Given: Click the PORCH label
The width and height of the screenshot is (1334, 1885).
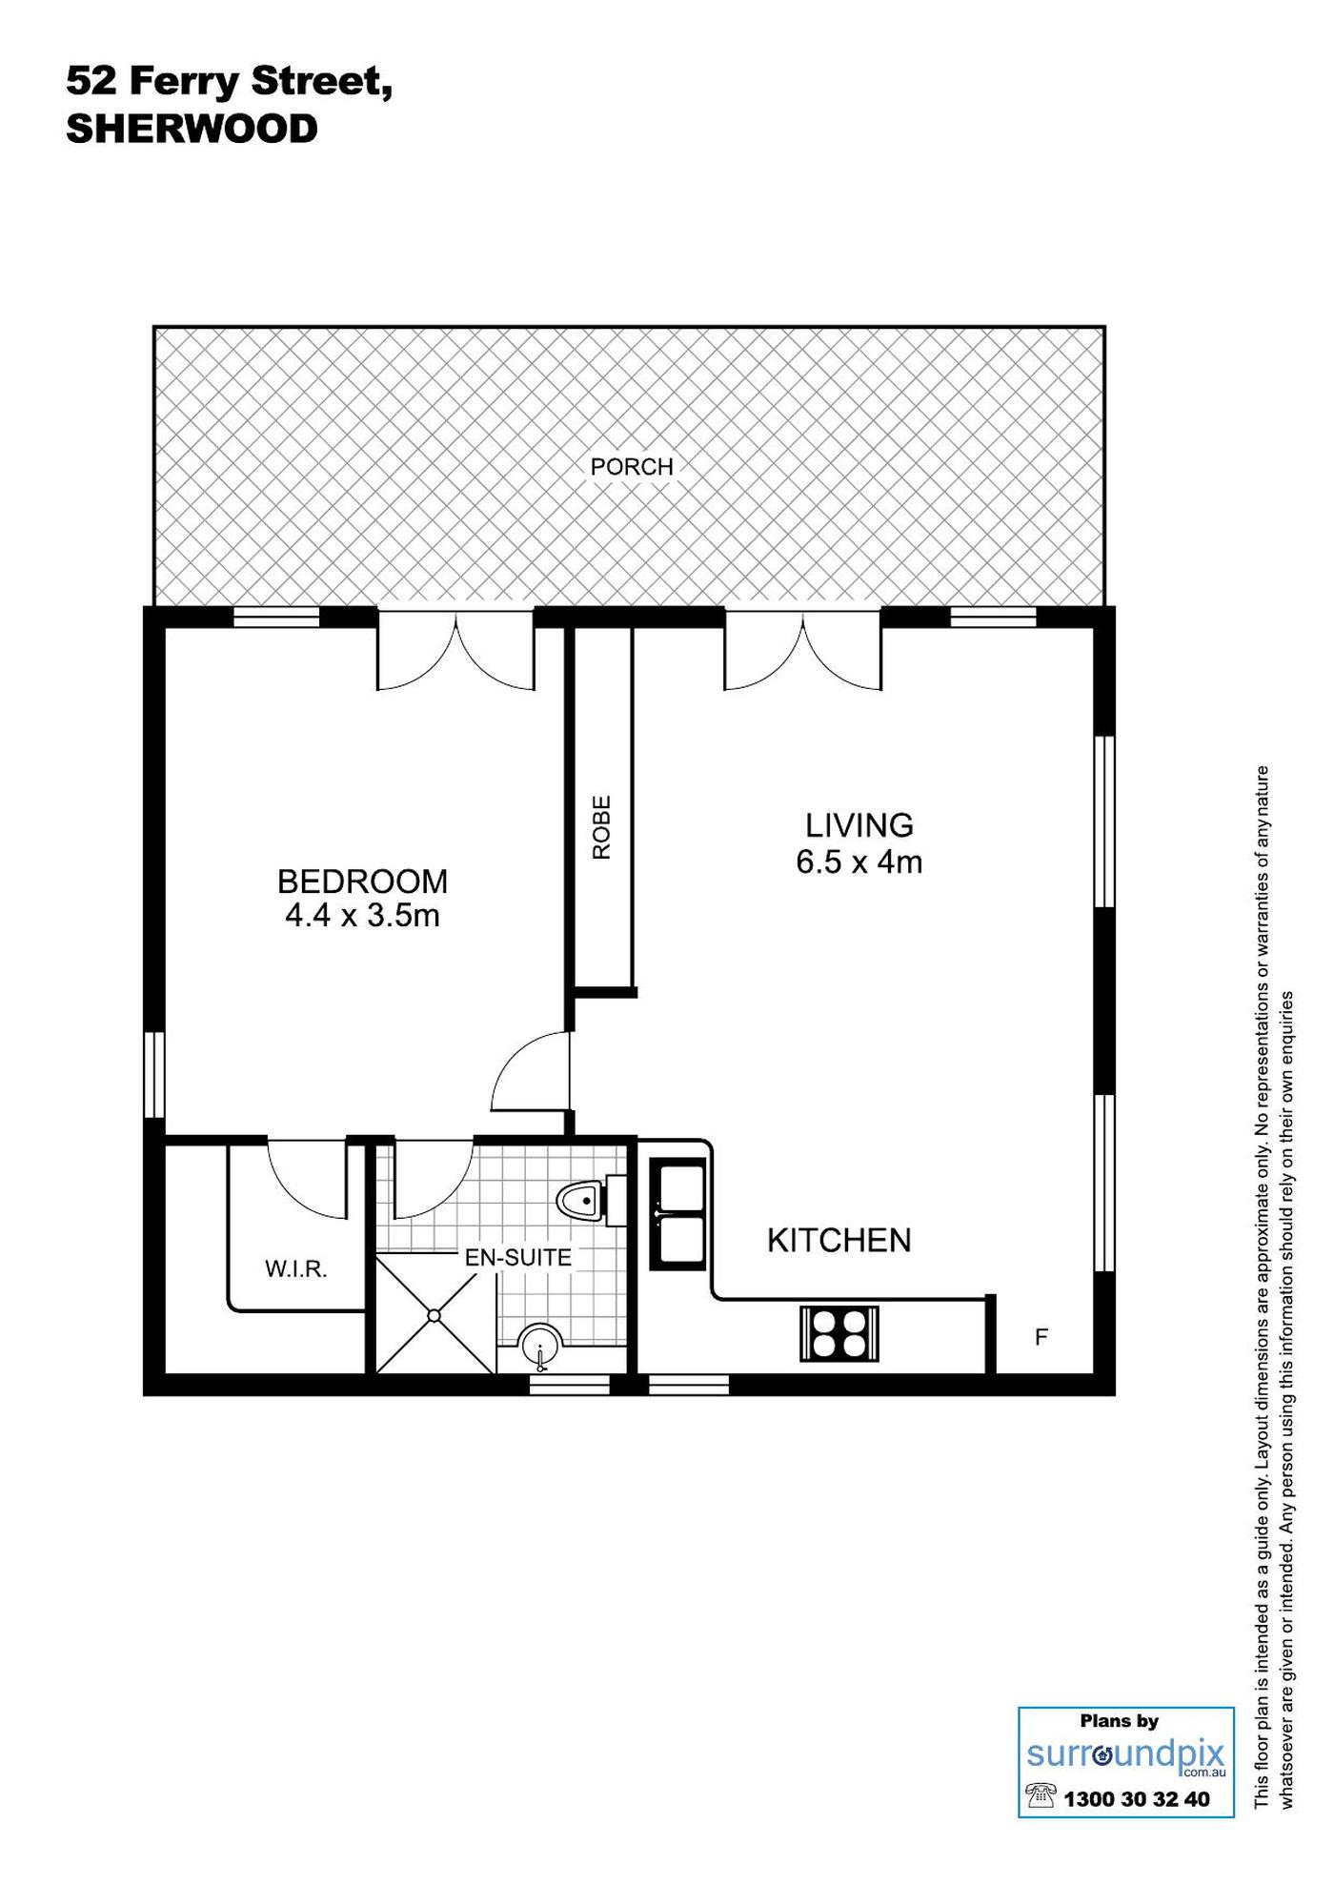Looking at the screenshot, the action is point(632,467).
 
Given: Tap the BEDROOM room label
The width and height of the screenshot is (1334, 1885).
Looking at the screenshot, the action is point(362,882).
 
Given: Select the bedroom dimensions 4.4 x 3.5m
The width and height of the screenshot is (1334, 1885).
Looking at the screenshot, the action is point(362,916).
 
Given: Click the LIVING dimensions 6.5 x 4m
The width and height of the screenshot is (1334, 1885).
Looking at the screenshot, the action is point(859,862).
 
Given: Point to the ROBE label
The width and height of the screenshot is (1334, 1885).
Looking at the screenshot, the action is point(601,828).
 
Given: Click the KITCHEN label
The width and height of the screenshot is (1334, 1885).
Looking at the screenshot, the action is point(839,1240).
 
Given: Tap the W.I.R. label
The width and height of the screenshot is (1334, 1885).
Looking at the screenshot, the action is point(296,1269).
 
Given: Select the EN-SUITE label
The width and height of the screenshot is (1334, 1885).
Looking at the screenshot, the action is point(518,1258).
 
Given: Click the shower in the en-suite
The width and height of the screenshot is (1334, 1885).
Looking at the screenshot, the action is point(435,1315).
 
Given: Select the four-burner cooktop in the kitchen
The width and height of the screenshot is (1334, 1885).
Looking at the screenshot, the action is point(839,1333).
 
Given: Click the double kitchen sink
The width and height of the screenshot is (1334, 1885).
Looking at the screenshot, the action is point(677,1213).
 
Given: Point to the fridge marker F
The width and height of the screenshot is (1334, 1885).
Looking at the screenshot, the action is point(1041,1337).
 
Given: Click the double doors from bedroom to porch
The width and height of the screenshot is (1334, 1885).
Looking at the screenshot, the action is point(455,650).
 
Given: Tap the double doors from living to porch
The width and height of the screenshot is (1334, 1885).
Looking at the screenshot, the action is point(802,650).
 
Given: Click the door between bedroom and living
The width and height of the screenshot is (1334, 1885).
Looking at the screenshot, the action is point(530,1072).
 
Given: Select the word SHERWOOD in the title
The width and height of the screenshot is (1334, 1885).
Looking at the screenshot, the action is point(192,129).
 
